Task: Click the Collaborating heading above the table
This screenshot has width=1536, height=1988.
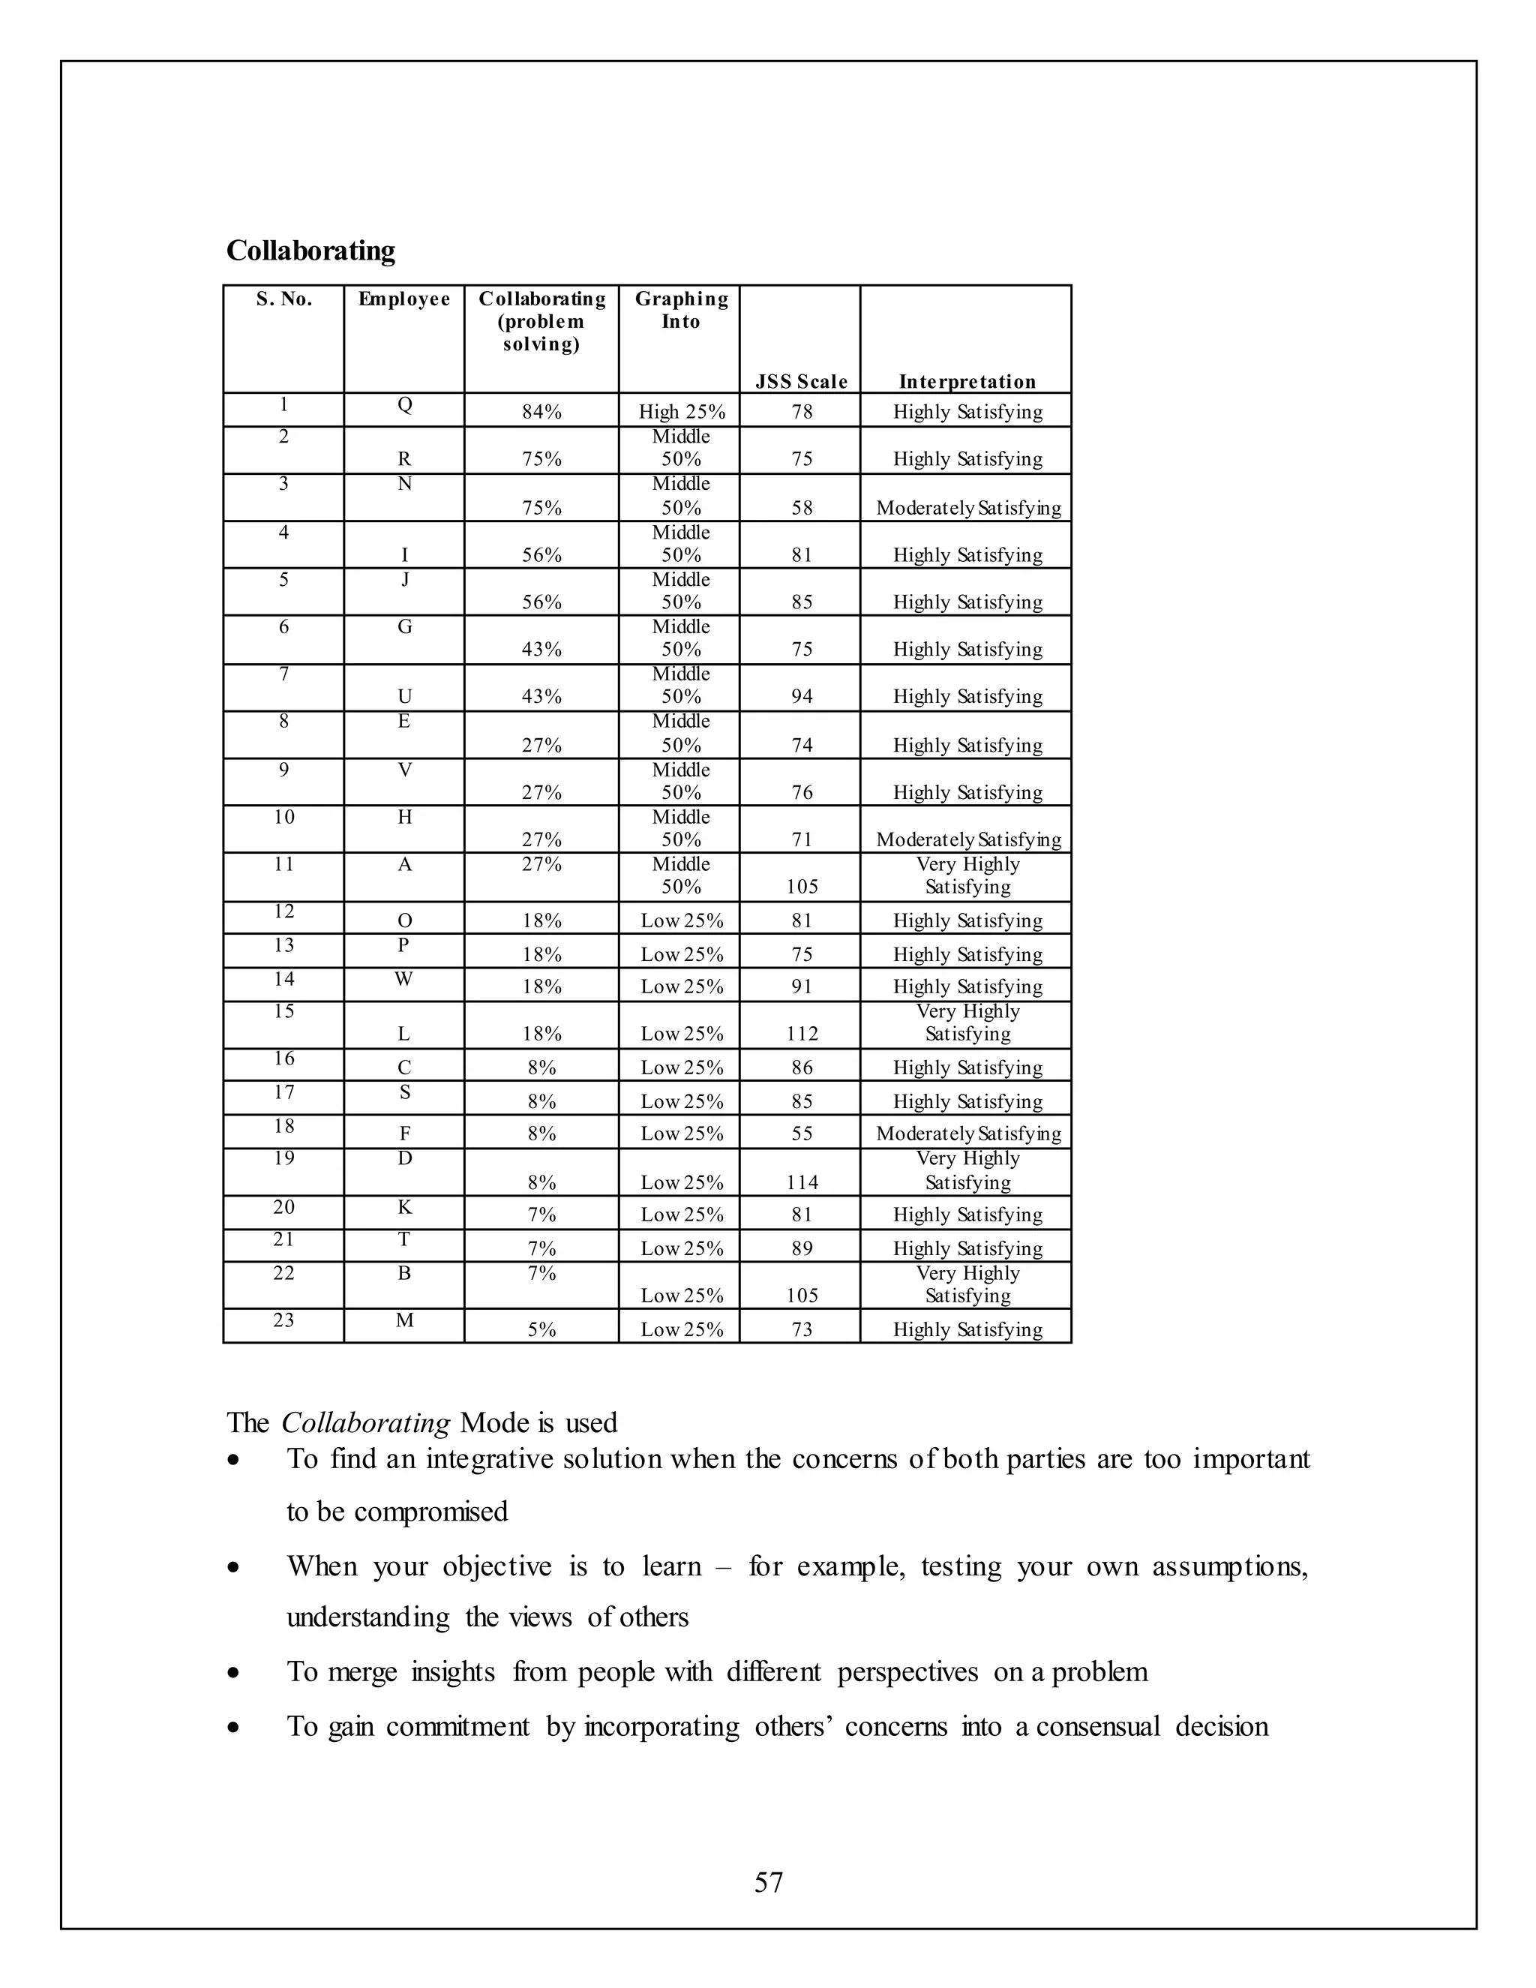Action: coord(310,251)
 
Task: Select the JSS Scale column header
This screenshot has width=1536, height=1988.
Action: coord(801,381)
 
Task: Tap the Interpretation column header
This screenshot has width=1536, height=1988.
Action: coord(966,381)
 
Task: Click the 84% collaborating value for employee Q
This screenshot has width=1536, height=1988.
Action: coord(541,411)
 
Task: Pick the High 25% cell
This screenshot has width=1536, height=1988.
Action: coord(682,411)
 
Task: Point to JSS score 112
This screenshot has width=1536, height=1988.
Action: coord(802,1033)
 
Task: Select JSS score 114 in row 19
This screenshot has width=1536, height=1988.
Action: coord(802,1182)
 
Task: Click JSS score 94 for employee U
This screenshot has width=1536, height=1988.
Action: coord(802,696)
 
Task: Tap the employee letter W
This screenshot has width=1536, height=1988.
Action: coord(404,978)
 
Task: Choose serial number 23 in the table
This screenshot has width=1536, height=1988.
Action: coord(284,1320)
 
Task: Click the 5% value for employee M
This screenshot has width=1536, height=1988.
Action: coord(541,1329)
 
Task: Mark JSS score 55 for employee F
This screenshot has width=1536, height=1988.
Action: coord(802,1134)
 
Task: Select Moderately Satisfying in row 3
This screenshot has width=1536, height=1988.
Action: coord(968,508)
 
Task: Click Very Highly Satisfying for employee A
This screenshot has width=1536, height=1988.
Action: coord(967,875)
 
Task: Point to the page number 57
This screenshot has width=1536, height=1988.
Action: coord(768,1881)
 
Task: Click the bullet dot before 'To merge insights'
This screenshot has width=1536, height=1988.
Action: coord(235,1673)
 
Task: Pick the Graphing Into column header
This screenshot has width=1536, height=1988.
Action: coord(681,310)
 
